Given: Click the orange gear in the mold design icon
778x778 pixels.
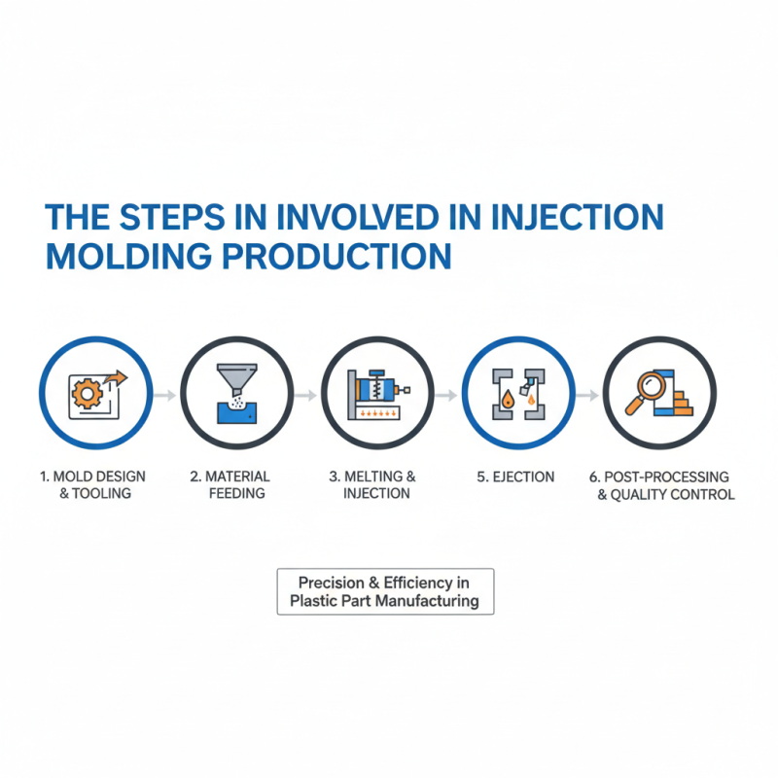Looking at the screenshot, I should pyautogui.click(x=87, y=394).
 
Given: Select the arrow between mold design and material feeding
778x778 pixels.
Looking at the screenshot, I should pyautogui.click(x=164, y=396).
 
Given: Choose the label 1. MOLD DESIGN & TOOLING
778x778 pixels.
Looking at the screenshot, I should pyautogui.click(x=94, y=484).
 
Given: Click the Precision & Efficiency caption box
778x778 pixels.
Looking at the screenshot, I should pyautogui.click(x=385, y=591).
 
